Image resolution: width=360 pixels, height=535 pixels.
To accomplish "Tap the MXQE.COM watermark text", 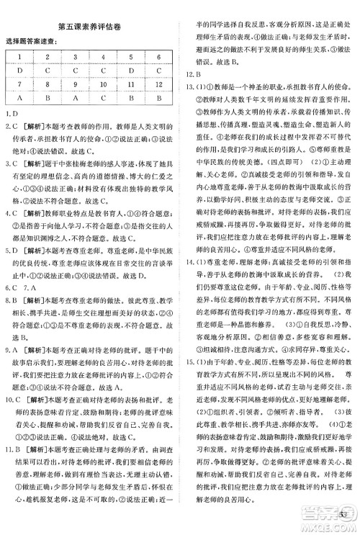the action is point(330,526).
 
